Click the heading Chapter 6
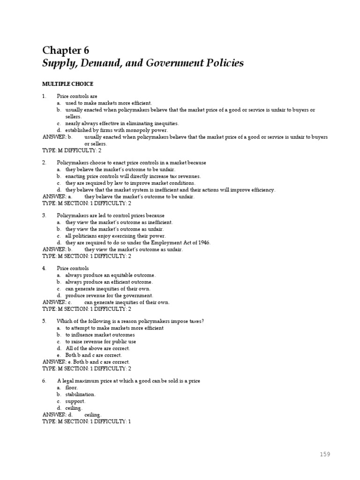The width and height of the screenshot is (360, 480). (x=66, y=51)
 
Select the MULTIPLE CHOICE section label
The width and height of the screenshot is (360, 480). (x=67, y=84)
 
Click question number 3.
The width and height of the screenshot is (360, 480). (x=44, y=216)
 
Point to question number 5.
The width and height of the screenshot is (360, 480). (x=44, y=321)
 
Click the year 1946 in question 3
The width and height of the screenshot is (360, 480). (x=202, y=243)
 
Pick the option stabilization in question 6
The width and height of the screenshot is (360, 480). (x=81, y=395)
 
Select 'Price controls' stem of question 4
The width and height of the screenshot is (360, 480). (x=73, y=268)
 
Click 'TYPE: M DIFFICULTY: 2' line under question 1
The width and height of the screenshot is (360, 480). (x=72, y=150)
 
